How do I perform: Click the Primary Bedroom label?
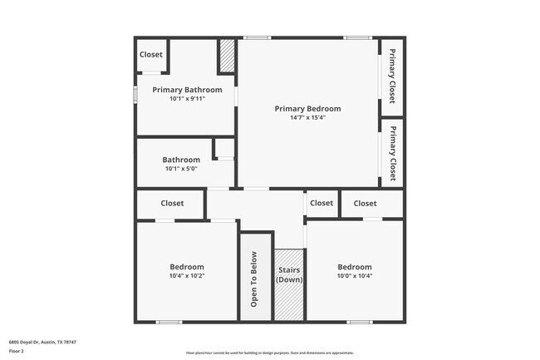pyautogui.click(x=307, y=108)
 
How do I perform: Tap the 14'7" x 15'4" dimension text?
pyautogui.click(x=307, y=117)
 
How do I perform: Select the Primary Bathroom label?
pyautogui.click(x=187, y=89)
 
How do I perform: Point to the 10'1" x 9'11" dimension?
pyautogui.click(x=187, y=98)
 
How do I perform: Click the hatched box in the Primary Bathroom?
pyautogui.click(x=227, y=56)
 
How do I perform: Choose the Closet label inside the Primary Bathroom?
pyautogui.click(x=151, y=55)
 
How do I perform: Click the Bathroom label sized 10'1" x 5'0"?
pyautogui.click(x=181, y=160)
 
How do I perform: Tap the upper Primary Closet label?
pyautogui.click(x=392, y=76)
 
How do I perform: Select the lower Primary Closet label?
pyautogui.click(x=392, y=153)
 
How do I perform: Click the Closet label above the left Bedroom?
pyautogui.click(x=172, y=203)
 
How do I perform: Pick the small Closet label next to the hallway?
pyautogui.click(x=322, y=203)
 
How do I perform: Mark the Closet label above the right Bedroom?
pyautogui.click(x=365, y=203)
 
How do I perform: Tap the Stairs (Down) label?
pyautogui.click(x=290, y=274)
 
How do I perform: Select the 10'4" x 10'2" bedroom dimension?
pyautogui.click(x=187, y=276)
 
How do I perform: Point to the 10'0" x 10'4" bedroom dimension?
pyautogui.click(x=354, y=276)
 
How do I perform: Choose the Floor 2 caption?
pyautogui.click(x=17, y=352)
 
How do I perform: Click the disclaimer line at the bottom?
pyautogui.click(x=269, y=353)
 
